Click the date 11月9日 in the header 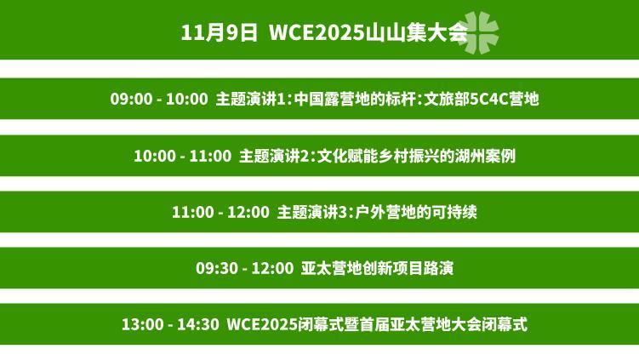(x=219, y=33)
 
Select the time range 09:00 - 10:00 (x=158, y=99)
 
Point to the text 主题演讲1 (x=251, y=99)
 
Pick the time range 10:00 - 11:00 (x=182, y=156)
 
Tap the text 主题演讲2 (x=274, y=156)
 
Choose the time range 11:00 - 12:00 (x=220, y=212)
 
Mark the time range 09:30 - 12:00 (x=244, y=268)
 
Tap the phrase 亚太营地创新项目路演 (x=377, y=268)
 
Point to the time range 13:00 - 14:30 (x=170, y=325)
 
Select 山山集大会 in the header (x=410, y=33)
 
